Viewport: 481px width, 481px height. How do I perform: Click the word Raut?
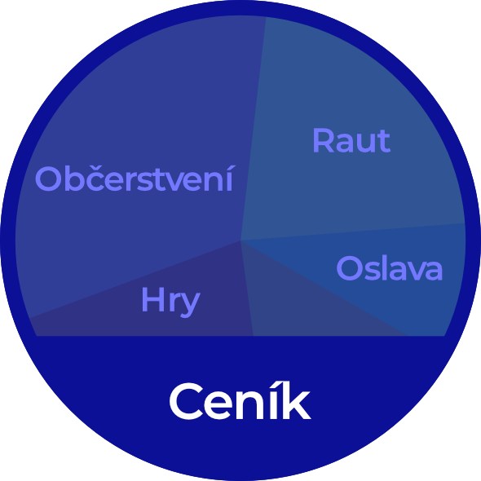351,140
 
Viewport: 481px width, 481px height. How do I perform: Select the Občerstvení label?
135,179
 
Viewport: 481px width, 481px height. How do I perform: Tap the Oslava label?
390,267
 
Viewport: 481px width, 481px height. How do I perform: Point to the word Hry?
170,302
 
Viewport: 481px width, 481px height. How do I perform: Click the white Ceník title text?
240,400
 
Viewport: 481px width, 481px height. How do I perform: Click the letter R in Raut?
323,140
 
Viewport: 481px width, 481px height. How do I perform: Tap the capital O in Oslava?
348,267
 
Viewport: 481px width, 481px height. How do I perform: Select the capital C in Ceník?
186,401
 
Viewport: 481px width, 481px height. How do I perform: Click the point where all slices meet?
240,240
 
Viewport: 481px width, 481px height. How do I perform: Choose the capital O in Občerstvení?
47,179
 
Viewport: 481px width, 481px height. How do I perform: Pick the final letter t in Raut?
384,141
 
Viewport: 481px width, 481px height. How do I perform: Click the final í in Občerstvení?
230,179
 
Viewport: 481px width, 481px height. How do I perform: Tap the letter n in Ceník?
252,405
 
